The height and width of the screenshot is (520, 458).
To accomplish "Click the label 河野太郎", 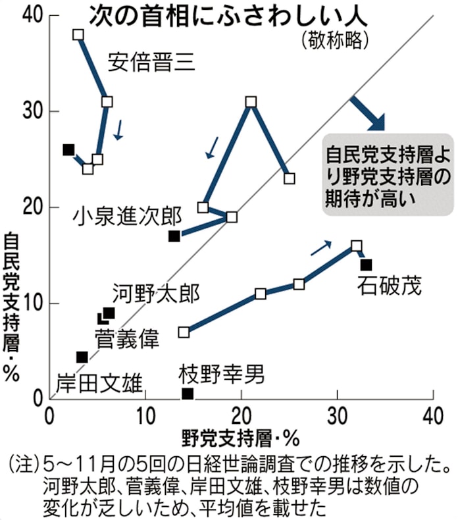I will pos(155,293).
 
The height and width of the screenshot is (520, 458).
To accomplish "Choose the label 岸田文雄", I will pos(99,382).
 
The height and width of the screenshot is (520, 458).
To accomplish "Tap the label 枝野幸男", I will pos(222,375).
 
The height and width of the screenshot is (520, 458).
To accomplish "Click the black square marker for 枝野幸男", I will pos(188,394).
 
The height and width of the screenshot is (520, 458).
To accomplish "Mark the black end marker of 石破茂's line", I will pos(367,265).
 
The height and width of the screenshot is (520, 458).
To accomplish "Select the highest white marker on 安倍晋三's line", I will pos(78,34).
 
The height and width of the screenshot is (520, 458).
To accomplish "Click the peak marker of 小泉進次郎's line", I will pos(251,102).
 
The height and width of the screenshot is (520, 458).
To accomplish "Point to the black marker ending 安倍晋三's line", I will pos(68,149).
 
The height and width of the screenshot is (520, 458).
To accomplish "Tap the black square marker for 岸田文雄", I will pos(82,357).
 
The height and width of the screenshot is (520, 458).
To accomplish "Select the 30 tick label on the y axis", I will pos(28,111).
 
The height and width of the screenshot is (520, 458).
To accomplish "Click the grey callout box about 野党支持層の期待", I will pos(387,176).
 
